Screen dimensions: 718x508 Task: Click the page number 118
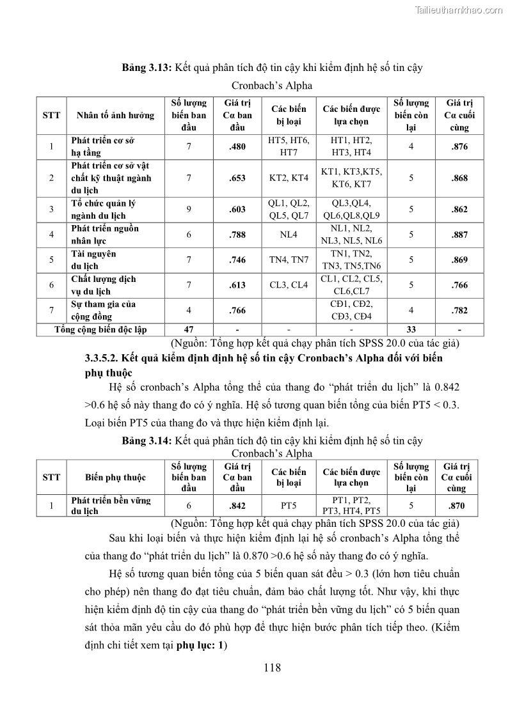point(272,668)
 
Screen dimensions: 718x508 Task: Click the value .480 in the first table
point(237,146)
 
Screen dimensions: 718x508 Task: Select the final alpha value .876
point(459,146)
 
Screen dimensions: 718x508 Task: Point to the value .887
point(459,235)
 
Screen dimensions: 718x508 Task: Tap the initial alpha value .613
point(237,285)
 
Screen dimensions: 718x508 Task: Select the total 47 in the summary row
point(189,329)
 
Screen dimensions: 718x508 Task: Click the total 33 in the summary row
point(411,329)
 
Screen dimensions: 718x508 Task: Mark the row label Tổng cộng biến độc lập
point(100,329)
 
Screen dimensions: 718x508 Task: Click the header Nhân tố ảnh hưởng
point(115,115)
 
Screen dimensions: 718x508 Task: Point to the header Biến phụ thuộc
point(115,478)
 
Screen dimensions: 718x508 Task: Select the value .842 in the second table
point(237,505)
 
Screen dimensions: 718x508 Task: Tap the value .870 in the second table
point(457,505)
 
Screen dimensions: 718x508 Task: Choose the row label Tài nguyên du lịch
point(94,260)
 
